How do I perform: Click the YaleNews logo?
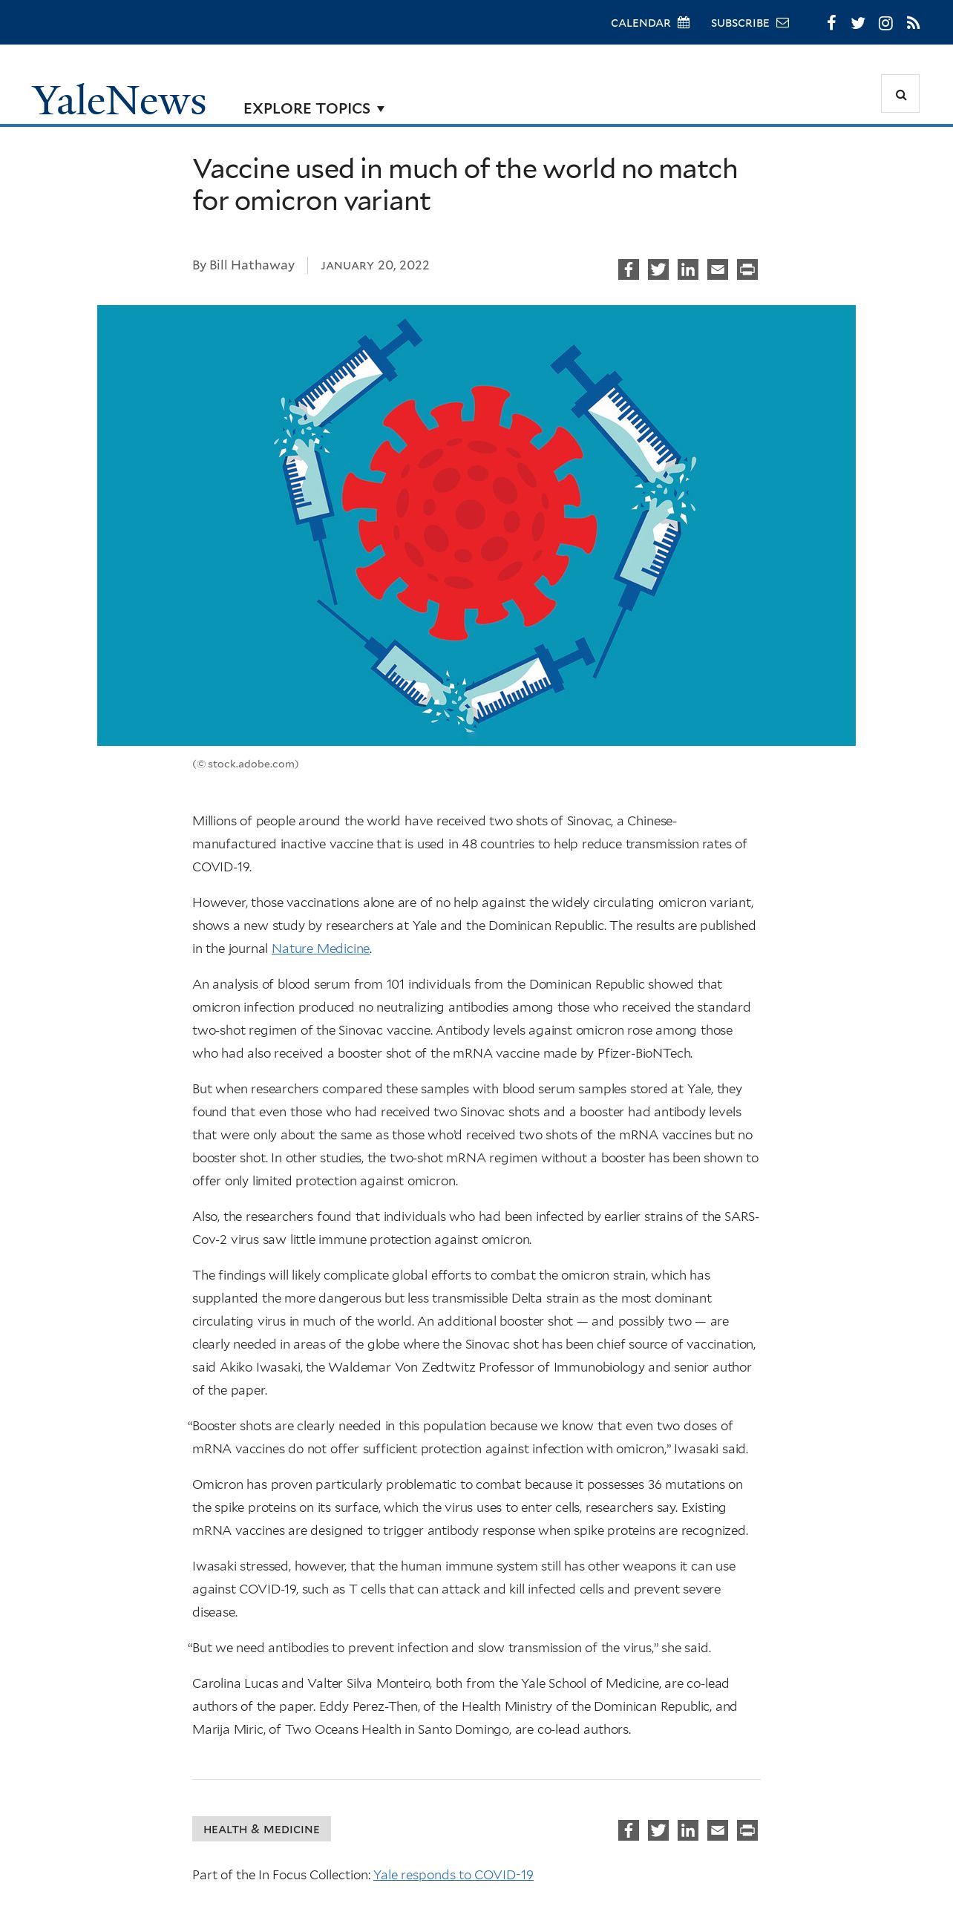(119, 100)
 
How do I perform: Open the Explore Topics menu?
(313, 108)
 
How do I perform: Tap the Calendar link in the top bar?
(649, 23)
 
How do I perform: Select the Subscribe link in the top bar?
(749, 23)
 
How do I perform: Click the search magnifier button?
(900, 94)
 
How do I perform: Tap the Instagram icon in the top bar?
(885, 23)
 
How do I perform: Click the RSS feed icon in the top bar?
(914, 23)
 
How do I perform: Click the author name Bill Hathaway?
(252, 265)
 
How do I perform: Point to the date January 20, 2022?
(375, 266)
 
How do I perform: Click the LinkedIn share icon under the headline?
(688, 269)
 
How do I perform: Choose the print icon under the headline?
(747, 269)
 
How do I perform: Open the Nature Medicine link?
(321, 949)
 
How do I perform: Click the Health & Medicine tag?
(261, 1829)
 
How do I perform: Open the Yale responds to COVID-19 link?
(453, 1875)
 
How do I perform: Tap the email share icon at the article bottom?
(718, 1830)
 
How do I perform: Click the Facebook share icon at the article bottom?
(629, 1830)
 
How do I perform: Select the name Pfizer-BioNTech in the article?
(644, 1053)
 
